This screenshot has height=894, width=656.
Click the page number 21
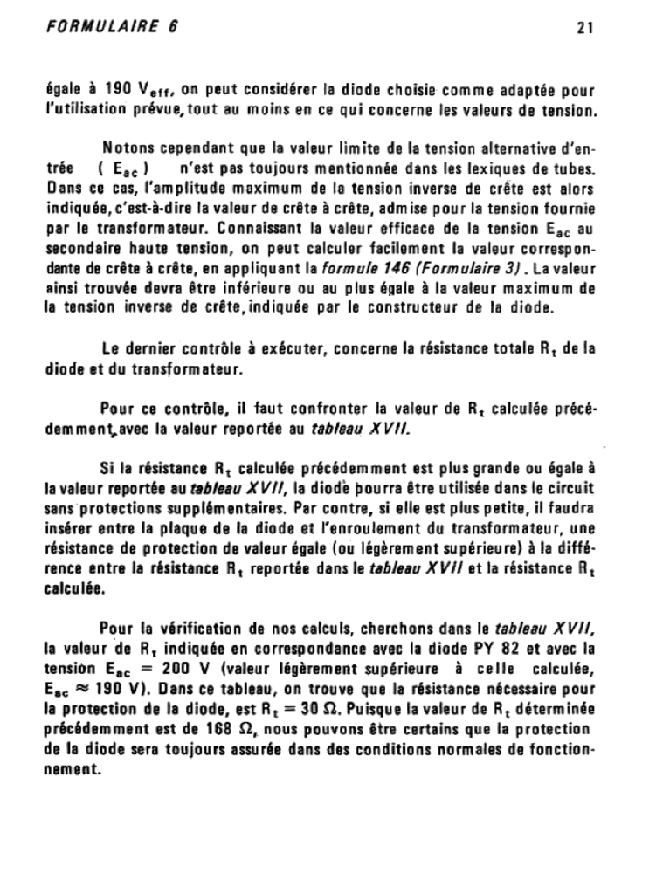point(585,27)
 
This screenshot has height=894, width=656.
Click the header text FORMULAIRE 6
point(112,26)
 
